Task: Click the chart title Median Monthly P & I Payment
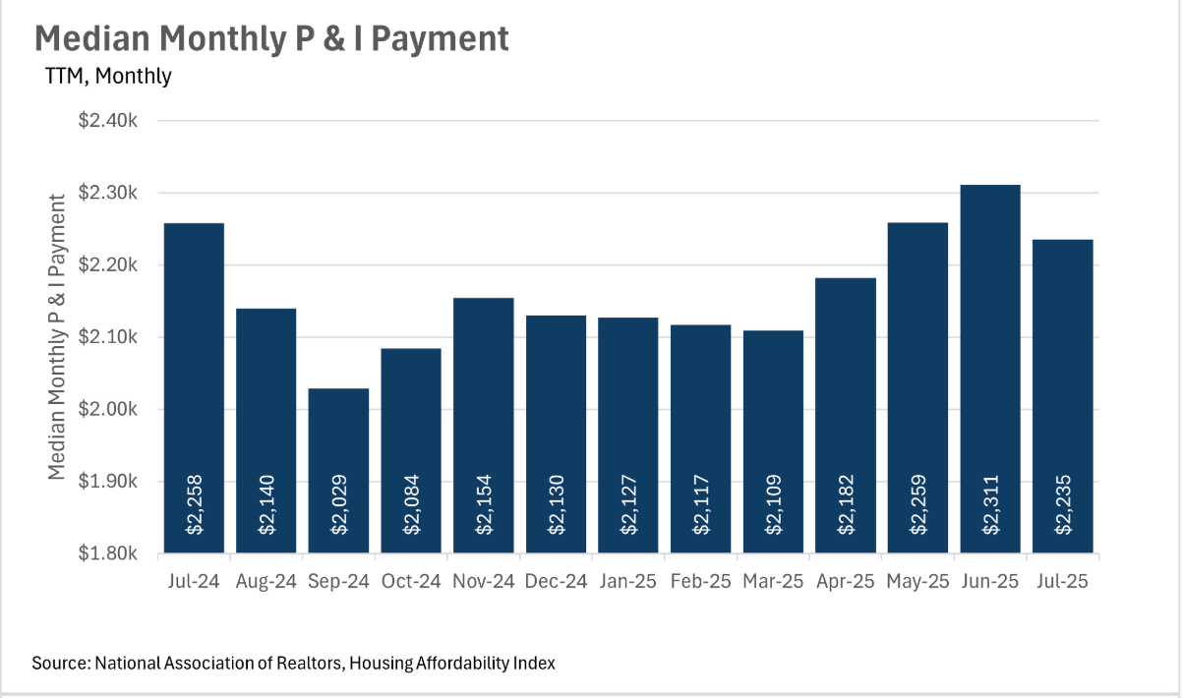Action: click(271, 38)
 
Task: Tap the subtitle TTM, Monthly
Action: click(108, 76)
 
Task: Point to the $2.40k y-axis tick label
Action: click(114, 121)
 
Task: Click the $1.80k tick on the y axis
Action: click(114, 553)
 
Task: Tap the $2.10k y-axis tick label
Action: click(114, 337)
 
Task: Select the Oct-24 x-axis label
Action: click(411, 581)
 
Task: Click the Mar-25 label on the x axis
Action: click(773, 581)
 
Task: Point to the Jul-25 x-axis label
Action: click(1062, 581)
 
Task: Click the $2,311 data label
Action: click(991, 504)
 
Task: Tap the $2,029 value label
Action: click(339, 504)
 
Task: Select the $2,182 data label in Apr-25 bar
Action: click(846, 504)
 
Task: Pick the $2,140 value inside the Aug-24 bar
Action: click(266, 504)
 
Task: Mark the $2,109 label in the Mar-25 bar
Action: click(774, 504)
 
